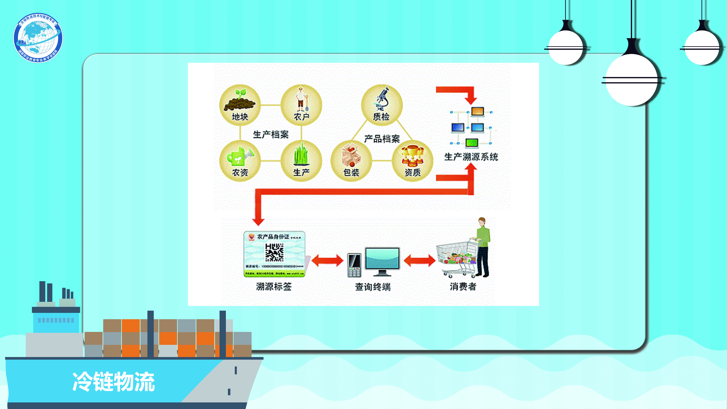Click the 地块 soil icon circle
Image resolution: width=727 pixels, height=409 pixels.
[240, 105]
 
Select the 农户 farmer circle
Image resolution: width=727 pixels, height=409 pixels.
[301, 105]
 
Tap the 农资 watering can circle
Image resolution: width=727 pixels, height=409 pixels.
[240, 161]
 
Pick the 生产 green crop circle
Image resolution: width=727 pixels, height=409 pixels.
[301, 161]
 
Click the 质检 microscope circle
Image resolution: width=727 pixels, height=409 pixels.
[381, 105]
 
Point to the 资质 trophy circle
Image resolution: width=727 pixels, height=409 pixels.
[412, 161]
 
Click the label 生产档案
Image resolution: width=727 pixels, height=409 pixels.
[271, 134]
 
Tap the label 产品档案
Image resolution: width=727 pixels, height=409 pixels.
[382, 139]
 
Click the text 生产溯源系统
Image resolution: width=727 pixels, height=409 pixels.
[471, 157]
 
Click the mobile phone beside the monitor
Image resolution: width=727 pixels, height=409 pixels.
[354, 265]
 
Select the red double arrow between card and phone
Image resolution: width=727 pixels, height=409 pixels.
[327, 260]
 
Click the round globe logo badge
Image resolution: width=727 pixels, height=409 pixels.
[38, 38]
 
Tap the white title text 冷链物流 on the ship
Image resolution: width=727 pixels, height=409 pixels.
[113, 382]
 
